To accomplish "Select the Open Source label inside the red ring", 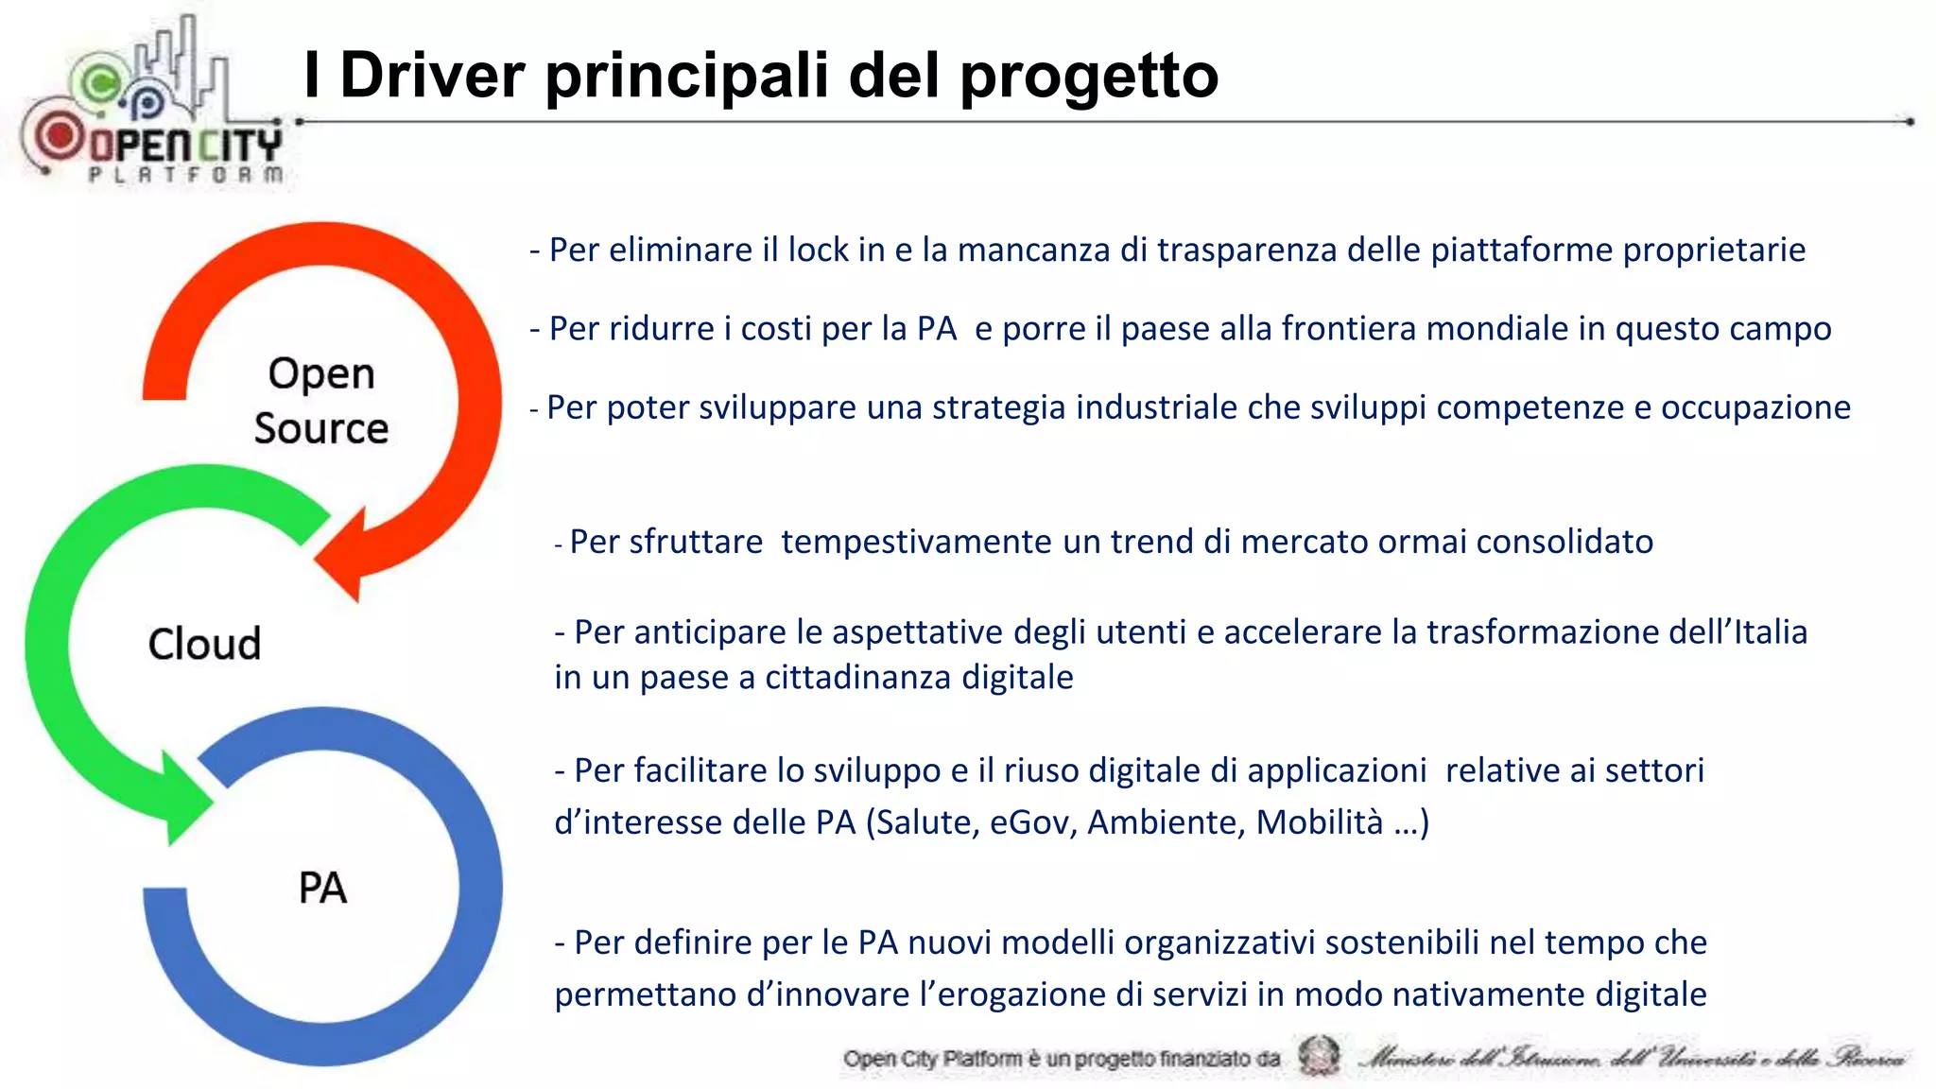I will coord(321,401).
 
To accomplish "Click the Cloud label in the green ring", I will coord(204,644).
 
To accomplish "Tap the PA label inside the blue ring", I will coord(322,889).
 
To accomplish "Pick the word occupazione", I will coord(1755,407).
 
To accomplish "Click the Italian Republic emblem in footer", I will coord(1318,1056).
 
